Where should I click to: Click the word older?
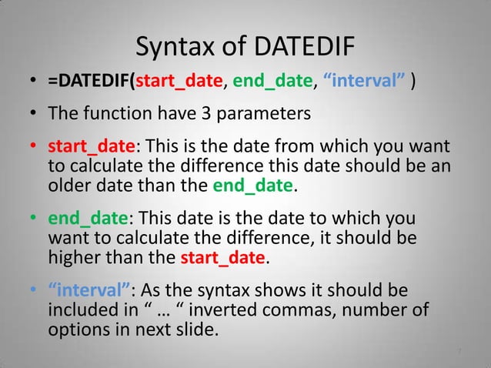tap(71, 185)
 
